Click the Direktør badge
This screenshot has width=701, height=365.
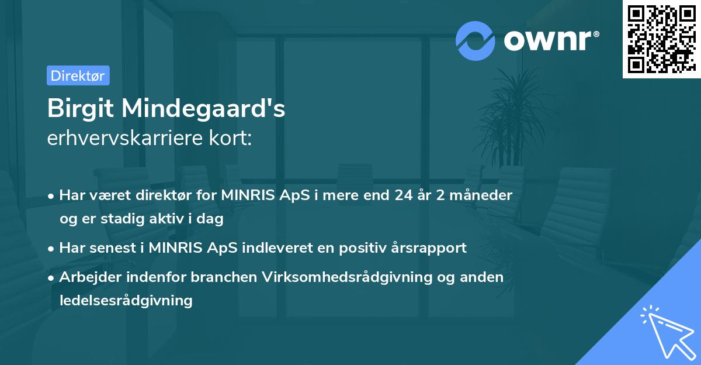coord(78,75)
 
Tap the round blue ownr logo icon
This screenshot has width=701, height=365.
coord(476,40)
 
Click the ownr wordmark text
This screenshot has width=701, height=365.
coord(547,40)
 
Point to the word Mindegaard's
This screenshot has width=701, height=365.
coord(204,109)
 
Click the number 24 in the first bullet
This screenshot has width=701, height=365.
coord(402,195)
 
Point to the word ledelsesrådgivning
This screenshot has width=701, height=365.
coord(126,301)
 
